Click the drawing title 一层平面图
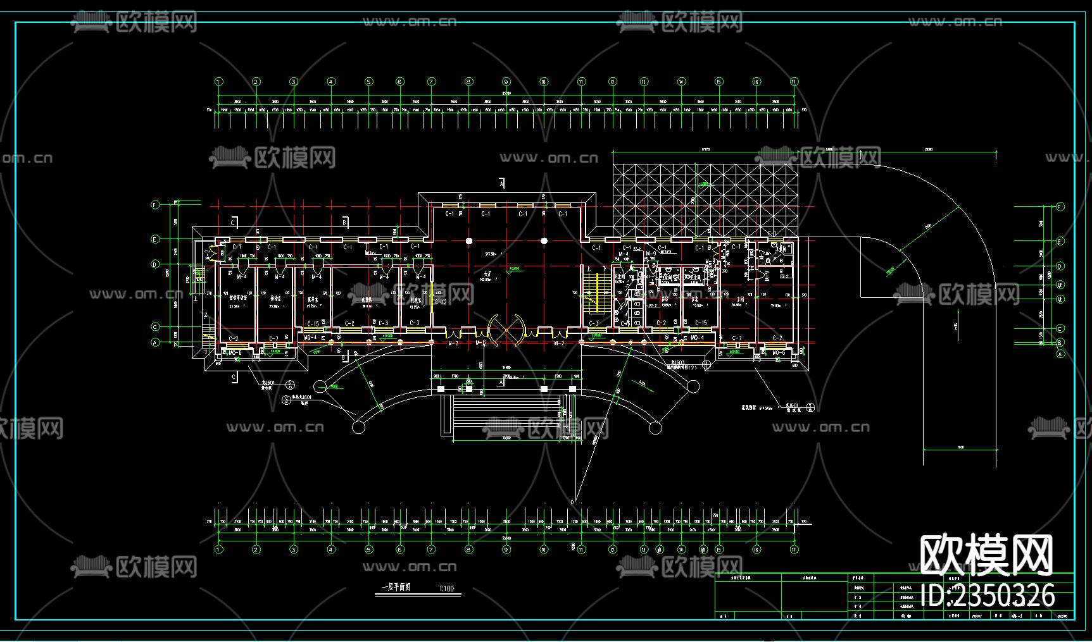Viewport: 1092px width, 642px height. pos(396,588)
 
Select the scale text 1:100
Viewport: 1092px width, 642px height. pos(446,589)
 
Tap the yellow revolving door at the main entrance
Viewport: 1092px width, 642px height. pos(506,330)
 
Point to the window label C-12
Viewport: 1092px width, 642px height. pos(441,302)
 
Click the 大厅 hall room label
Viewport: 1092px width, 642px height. pos(487,275)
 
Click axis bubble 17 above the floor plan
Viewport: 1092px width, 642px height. pos(794,82)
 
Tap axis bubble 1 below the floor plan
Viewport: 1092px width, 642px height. pos(218,550)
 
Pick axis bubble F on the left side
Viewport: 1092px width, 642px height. pos(155,205)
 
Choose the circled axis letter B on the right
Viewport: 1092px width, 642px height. pos(1060,343)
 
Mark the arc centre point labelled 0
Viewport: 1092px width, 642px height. pos(573,502)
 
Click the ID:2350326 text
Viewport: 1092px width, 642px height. pos(988,595)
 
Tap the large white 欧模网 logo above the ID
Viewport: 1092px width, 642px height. pos(986,555)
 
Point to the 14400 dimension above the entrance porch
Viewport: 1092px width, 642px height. pos(506,368)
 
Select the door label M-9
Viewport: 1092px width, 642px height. pos(651,254)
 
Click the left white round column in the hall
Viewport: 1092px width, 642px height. pos(469,241)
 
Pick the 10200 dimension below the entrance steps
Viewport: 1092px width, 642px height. pos(506,438)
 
